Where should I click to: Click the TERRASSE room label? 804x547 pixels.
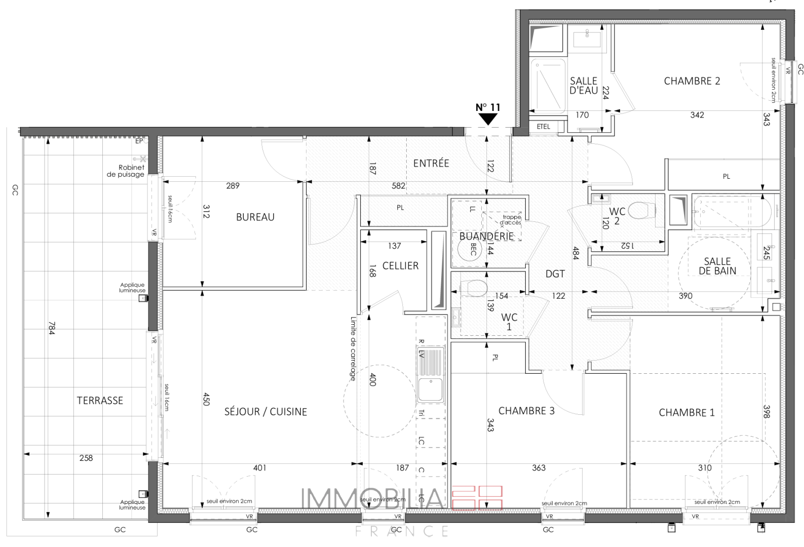coord(100,401)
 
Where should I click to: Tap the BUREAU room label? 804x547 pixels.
coord(255,217)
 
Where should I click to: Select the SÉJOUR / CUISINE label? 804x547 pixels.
coord(265,412)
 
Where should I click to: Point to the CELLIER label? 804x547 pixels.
coord(400,266)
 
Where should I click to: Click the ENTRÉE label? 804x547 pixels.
coord(431,163)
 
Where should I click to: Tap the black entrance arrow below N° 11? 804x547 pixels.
coord(488,120)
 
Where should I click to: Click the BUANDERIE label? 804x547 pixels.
coord(486,237)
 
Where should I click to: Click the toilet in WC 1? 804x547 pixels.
coord(474,288)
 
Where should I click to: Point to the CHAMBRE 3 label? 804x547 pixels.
coord(526,411)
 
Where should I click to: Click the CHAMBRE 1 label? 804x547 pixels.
coord(686,413)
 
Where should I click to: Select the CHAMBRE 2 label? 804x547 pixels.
coord(692,81)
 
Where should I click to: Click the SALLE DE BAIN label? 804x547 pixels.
coord(717,266)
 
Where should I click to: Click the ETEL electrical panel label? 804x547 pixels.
coord(543,127)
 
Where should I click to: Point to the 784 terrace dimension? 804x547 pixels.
coord(52,328)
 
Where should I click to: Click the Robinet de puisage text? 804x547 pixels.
coord(126,171)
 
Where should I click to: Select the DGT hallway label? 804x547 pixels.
coord(555,274)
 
